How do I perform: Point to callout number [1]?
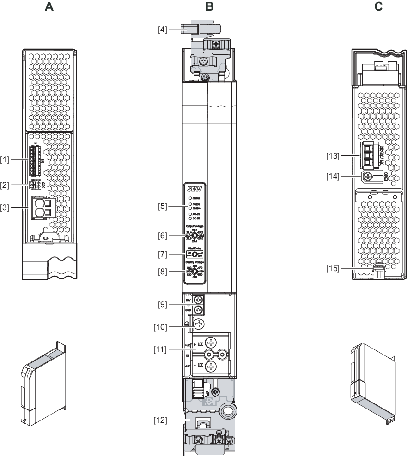click(x=5, y=160)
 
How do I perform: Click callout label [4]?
click(x=162, y=30)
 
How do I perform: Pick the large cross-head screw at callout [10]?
click(x=199, y=324)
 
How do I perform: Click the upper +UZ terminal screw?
click(x=211, y=343)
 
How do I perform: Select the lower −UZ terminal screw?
click(x=211, y=367)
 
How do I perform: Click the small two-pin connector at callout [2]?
click(x=33, y=185)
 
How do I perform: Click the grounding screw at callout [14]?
click(x=368, y=176)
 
